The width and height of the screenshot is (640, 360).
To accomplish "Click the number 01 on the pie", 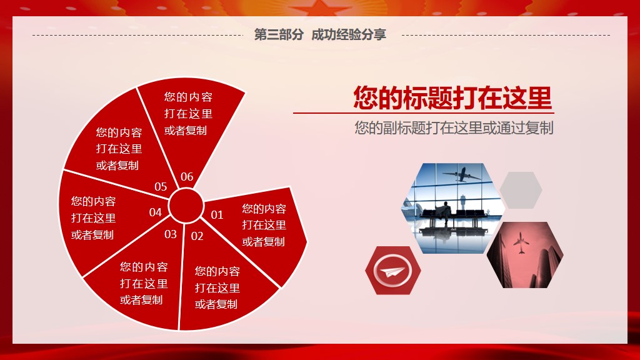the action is (x=217, y=215).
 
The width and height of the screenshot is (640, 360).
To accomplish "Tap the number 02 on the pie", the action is (x=197, y=236).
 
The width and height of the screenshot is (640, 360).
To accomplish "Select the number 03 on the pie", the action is (x=171, y=234).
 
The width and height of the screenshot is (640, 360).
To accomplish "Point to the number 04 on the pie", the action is (x=156, y=212).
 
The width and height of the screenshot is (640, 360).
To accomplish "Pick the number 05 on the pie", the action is (x=161, y=186).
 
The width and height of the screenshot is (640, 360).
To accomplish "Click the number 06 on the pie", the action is (x=187, y=177).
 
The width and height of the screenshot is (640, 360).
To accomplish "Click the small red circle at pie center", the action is (x=186, y=206).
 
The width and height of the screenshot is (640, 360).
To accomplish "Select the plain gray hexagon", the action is (x=521, y=190).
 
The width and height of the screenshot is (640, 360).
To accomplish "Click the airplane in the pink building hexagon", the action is (x=521, y=243).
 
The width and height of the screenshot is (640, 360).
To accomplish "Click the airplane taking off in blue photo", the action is (x=462, y=175).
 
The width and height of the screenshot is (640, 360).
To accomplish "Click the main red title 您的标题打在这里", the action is (x=452, y=97).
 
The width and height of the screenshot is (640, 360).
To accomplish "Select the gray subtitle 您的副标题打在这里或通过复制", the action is (x=454, y=127).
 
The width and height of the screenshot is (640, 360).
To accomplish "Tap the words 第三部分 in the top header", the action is (x=279, y=35).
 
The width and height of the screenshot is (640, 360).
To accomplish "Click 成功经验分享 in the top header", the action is (x=349, y=35).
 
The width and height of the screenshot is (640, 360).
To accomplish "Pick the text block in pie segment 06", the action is (x=188, y=114).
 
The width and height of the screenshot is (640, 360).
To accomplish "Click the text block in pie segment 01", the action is (x=264, y=225).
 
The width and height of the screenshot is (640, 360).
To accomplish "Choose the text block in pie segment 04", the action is (x=94, y=218).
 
